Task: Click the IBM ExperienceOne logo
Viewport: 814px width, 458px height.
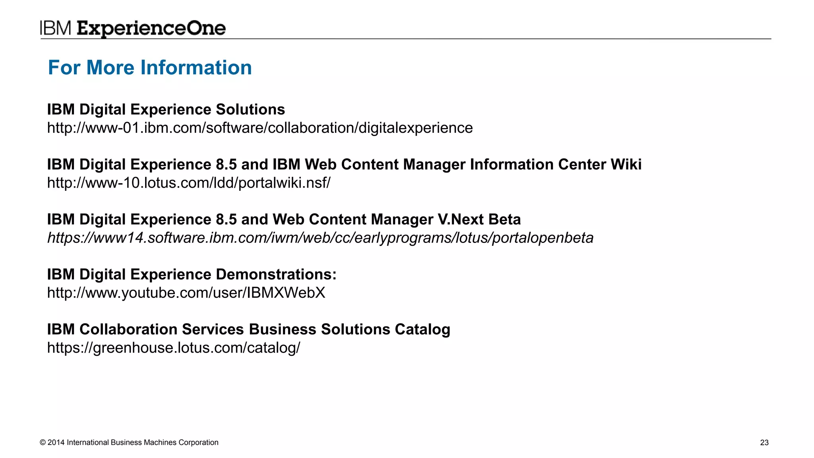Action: [x=133, y=28]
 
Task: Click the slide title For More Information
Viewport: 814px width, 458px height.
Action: [x=150, y=67]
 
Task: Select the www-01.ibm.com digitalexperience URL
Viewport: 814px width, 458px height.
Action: [x=260, y=128]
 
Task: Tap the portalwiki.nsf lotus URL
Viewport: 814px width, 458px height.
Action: [x=189, y=183]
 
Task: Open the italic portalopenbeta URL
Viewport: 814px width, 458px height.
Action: [x=320, y=238]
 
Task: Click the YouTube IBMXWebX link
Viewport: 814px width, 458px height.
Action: [x=186, y=293]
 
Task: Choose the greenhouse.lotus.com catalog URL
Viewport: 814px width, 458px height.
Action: [x=174, y=348]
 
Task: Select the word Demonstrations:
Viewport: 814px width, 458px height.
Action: [x=276, y=274]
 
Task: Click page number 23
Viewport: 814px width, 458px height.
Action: [x=764, y=442]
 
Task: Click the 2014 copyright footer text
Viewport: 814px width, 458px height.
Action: [x=129, y=442]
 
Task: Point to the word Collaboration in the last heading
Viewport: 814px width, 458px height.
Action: [x=128, y=329]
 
